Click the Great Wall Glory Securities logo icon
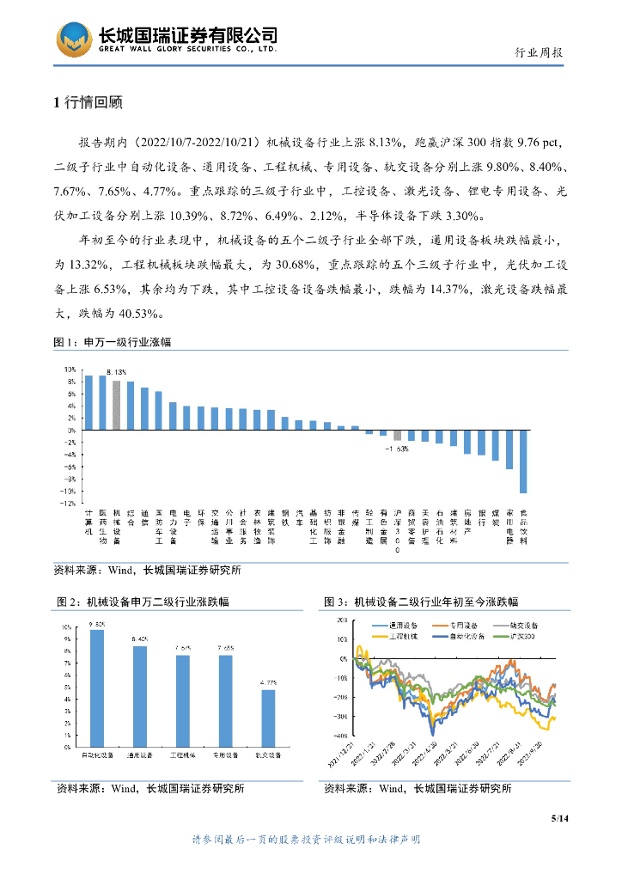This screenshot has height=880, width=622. pos(74,40)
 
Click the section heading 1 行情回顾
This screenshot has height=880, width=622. pos(88,103)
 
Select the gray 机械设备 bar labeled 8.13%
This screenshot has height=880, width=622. pos(117,404)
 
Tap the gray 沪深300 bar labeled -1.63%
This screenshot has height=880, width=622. pos(397,435)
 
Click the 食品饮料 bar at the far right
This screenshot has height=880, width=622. pos(523,461)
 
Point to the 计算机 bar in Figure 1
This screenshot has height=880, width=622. pos(88,402)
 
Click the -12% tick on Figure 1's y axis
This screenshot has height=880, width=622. pos(66,504)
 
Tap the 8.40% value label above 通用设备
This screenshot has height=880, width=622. pos(140,639)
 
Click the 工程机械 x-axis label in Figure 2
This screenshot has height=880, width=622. pos(183,755)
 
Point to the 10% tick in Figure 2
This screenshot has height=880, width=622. pos(66,627)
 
